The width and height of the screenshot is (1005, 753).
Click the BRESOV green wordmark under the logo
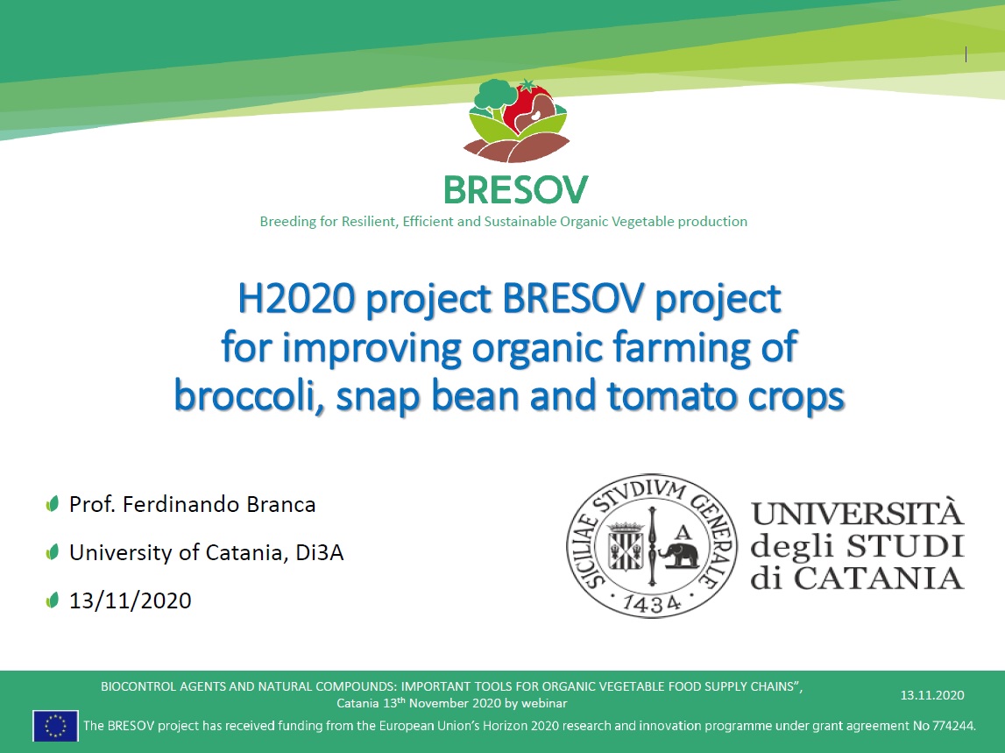coord(516,190)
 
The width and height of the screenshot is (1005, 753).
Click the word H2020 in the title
coord(296,298)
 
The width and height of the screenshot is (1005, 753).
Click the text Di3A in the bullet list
coord(319,552)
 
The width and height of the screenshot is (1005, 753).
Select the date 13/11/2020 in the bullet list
coord(130,601)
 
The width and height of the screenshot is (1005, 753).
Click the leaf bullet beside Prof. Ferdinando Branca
coord(53,503)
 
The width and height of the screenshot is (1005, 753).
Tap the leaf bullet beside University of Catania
coord(53,551)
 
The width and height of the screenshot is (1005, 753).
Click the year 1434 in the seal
coord(652,604)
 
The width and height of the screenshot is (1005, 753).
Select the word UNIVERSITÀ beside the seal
coord(858,513)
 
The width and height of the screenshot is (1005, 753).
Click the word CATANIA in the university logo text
coord(879,578)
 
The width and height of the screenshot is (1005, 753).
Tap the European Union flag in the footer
coord(56,726)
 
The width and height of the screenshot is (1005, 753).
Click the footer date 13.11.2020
coord(932,695)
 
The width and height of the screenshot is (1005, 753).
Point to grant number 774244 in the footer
coord(953,726)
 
